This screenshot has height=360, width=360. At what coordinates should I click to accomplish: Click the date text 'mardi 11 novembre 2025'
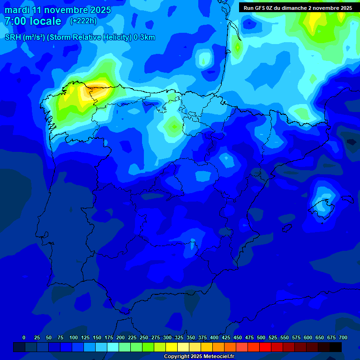click(58, 10)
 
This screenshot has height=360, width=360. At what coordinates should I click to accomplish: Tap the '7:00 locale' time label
click(33, 21)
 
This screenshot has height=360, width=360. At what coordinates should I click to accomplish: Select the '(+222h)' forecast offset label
click(83, 21)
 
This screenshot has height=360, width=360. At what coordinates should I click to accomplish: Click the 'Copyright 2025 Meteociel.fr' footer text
click(199, 356)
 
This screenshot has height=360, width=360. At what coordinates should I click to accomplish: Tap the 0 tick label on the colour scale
click(24, 337)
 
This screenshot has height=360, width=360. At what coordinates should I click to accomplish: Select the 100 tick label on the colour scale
click(74, 337)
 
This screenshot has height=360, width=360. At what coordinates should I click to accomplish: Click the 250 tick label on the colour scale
click(144, 337)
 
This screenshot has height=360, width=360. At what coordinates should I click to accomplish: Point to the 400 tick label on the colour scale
click(214, 337)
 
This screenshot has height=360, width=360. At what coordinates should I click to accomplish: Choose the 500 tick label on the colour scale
click(261, 337)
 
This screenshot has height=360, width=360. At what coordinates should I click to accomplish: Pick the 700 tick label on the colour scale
click(343, 337)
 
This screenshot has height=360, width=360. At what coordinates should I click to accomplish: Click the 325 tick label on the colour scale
click(179, 337)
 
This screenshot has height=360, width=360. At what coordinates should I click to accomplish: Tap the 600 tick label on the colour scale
click(308, 337)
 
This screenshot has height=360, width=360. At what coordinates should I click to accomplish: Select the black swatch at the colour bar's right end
click(336, 347)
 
